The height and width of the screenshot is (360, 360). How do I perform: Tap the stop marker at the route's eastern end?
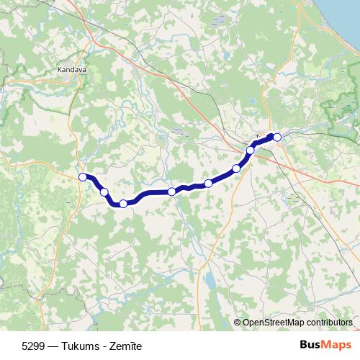pyautogui.click(x=277, y=137)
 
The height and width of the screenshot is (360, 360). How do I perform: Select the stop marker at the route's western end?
pyautogui.click(x=83, y=177)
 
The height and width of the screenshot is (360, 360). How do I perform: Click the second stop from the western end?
pyautogui.click(x=104, y=192)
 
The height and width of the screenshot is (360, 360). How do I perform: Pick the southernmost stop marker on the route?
pyautogui.click(x=123, y=204)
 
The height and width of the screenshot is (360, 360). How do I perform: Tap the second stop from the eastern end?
pyautogui.click(x=251, y=150)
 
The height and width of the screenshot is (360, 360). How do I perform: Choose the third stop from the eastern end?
pyautogui.click(x=236, y=168)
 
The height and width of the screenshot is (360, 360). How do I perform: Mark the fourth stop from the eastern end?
pyautogui.click(x=208, y=184)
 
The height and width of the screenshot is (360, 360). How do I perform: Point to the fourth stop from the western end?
pyautogui.click(x=171, y=192)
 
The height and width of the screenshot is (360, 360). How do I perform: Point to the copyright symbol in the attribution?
pyautogui.click(x=238, y=323)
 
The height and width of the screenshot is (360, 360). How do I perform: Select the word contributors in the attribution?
pyautogui.click(x=328, y=323)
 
